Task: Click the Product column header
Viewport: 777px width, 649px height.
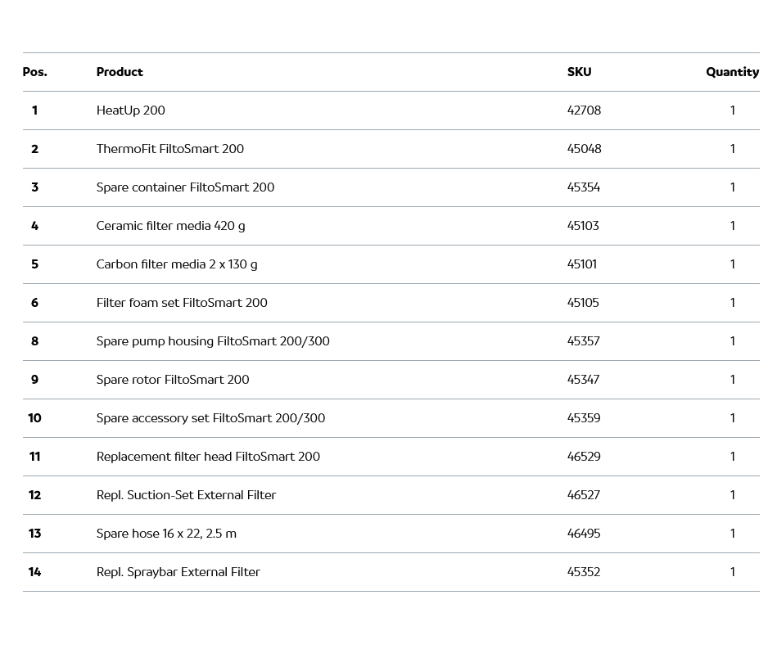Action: pos(120,72)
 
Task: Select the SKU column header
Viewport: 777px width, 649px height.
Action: pos(579,72)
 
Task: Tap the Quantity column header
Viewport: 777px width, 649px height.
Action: pos(732,72)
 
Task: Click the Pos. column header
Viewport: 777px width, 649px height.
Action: pos(34,72)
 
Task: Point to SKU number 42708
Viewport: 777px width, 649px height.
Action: pos(584,110)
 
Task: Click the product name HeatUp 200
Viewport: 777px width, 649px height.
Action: pos(130,110)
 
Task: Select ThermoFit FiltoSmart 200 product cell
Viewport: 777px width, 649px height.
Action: pos(169,149)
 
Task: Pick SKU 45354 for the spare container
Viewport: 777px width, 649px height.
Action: pos(584,187)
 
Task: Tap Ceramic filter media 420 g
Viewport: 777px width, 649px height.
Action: pos(170,226)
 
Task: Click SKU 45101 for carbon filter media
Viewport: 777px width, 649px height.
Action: pos(582,264)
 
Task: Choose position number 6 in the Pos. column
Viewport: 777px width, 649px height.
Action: pos(34,303)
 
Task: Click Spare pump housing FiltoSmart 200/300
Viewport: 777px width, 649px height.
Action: pos(213,341)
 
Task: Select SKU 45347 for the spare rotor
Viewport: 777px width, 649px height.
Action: pos(584,380)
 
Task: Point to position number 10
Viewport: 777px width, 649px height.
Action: pos(34,418)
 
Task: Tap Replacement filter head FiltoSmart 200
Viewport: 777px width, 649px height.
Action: pos(208,457)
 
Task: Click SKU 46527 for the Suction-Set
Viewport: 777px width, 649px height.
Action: pos(584,495)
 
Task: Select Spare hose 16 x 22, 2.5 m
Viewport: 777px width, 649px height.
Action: pos(166,534)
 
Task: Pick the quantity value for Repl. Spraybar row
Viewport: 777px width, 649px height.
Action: pos(732,572)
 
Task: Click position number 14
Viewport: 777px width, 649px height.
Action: pos(34,572)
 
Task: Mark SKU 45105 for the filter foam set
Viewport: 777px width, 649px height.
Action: pos(583,303)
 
